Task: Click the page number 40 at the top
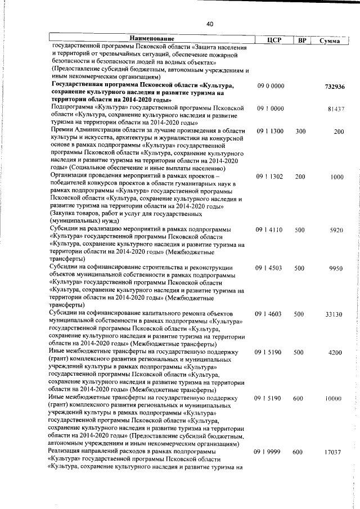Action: click(x=209, y=24)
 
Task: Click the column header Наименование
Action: click(x=148, y=38)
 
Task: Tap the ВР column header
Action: click(x=301, y=40)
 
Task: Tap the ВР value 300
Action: click(x=300, y=131)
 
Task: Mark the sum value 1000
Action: click(x=337, y=177)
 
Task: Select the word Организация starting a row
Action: click(x=70, y=175)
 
